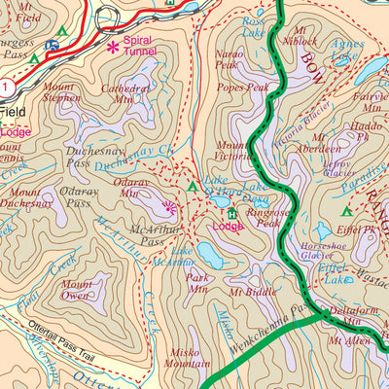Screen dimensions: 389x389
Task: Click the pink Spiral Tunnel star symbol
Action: tap(114, 46)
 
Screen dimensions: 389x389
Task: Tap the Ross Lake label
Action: tap(254, 26)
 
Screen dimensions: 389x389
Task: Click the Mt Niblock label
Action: tap(301, 35)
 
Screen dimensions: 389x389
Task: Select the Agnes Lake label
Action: tap(346, 50)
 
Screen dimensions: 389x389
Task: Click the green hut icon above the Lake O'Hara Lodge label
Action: tap(231, 213)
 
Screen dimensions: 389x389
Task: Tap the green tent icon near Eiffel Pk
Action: tap(345, 210)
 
